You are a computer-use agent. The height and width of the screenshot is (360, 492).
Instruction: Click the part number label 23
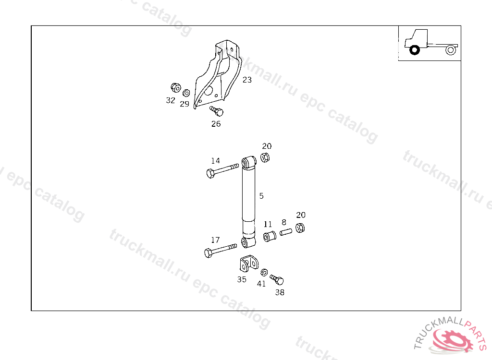[246, 80]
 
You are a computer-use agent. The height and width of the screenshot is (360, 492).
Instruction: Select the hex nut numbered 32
[175, 88]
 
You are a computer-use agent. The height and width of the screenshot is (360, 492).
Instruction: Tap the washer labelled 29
[186, 93]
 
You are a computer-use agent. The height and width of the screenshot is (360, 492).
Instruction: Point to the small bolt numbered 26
[217, 111]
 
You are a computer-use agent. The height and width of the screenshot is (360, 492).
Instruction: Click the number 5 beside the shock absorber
[261, 196]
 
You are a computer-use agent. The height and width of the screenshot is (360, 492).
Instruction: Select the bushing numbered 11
[269, 236]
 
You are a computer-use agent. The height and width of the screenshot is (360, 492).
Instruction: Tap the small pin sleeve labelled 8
[286, 233]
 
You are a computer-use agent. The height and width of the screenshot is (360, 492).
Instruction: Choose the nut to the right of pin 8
[299, 228]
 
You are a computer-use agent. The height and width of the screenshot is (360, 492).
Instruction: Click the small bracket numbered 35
[248, 264]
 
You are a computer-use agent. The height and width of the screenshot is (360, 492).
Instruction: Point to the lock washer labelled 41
[263, 273]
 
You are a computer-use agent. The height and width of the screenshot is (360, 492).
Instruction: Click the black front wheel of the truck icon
[414, 49]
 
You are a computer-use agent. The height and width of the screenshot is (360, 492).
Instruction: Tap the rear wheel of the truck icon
[450, 49]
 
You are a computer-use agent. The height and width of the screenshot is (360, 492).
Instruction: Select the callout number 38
[279, 292]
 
